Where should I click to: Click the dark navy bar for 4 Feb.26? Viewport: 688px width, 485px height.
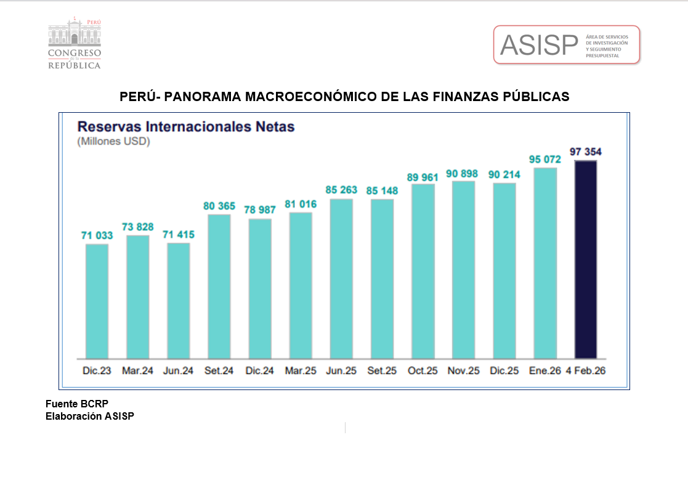pyautogui.click(x=585, y=259)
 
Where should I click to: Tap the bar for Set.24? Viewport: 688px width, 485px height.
pyautogui.click(x=219, y=286)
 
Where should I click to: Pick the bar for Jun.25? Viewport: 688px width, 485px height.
pyautogui.click(x=341, y=279)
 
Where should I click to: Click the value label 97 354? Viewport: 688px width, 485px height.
pyautogui.click(x=586, y=152)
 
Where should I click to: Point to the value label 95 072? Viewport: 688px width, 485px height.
pyautogui.click(x=545, y=159)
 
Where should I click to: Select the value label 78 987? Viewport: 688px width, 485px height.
pyautogui.click(x=260, y=210)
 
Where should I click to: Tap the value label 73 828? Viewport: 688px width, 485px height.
pyautogui.click(x=137, y=227)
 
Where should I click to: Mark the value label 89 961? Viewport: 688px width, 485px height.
pyautogui.click(x=423, y=177)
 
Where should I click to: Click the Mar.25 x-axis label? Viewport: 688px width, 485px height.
pyautogui.click(x=301, y=372)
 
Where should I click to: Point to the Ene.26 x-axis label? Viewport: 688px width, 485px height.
pyautogui.click(x=544, y=372)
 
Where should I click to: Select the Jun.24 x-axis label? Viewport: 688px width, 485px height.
pyautogui.click(x=178, y=372)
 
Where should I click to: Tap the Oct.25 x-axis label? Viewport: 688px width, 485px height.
pyautogui.click(x=423, y=372)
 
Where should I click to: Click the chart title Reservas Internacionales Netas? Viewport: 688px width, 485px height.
pyautogui.click(x=185, y=127)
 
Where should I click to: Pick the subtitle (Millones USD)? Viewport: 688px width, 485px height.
pyautogui.click(x=113, y=142)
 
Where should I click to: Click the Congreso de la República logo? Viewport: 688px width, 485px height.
pyautogui.click(x=75, y=43)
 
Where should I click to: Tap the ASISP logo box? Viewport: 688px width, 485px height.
pyautogui.click(x=567, y=44)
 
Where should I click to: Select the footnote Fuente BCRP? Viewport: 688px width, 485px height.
pyautogui.click(x=77, y=404)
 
